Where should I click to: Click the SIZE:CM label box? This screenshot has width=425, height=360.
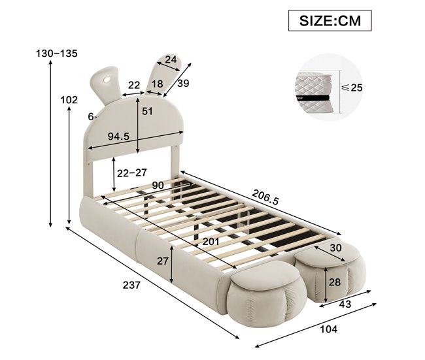coord(330,21)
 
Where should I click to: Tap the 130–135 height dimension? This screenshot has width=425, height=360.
coord(57,54)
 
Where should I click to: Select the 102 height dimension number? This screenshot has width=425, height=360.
coord(69,100)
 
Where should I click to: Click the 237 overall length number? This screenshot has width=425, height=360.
coord(131,285)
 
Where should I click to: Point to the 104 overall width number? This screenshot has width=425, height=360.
coord(329,329)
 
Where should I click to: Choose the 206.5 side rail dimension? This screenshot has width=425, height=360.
coord(265,197)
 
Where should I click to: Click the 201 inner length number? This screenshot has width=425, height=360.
coord(211,241)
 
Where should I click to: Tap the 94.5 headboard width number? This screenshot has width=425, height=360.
coord(118,137)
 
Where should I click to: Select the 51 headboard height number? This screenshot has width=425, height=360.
coord(147,111)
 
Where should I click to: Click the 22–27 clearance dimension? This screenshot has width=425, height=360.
coord(131,173)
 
